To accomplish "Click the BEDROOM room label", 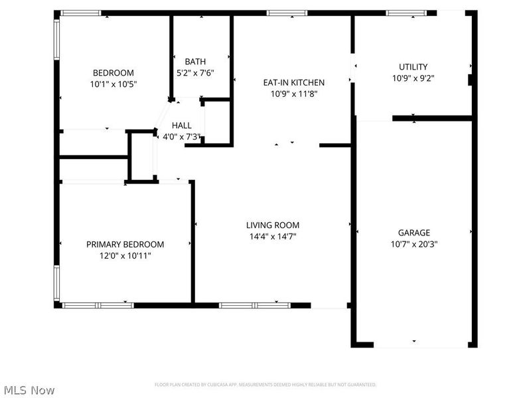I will (x=113, y=73).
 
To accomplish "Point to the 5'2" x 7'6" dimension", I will (x=195, y=73).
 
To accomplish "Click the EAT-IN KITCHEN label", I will (x=294, y=83).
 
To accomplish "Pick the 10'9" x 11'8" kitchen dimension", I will (x=294, y=94).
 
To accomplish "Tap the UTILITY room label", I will (x=413, y=67).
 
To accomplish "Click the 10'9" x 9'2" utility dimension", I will (x=413, y=78).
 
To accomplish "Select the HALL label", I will (x=182, y=125).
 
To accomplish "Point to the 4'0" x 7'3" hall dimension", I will (x=182, y=137).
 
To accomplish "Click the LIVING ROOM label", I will (x=273, y=225).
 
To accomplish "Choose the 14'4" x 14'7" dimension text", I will (x=273, y=236).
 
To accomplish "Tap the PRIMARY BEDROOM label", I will (x=125, y=244).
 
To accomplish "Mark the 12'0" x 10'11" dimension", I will (x=125, y=255).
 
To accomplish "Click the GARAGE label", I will (x=414, y=233).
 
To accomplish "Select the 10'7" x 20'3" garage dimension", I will (x=414, y=243).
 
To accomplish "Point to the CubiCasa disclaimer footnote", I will (x=265, y=385).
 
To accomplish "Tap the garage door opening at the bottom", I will (x=414, y=344).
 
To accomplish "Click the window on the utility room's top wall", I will (x=406, y=12).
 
